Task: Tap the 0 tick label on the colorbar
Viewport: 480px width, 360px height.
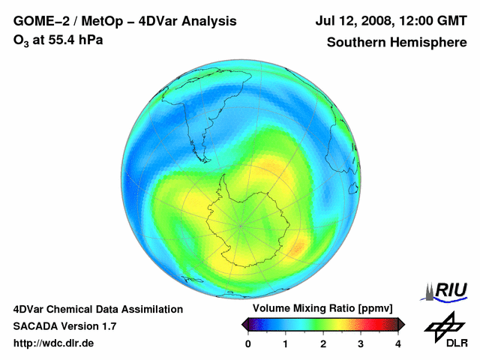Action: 248,343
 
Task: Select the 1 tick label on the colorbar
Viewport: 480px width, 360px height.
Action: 286,343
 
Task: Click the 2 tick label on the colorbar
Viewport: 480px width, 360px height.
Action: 323,343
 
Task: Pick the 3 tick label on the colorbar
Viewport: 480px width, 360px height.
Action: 361,343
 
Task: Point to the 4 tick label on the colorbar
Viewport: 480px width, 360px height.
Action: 398,343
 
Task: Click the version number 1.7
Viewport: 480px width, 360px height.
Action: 108,326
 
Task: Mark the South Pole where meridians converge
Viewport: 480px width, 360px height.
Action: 241,224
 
